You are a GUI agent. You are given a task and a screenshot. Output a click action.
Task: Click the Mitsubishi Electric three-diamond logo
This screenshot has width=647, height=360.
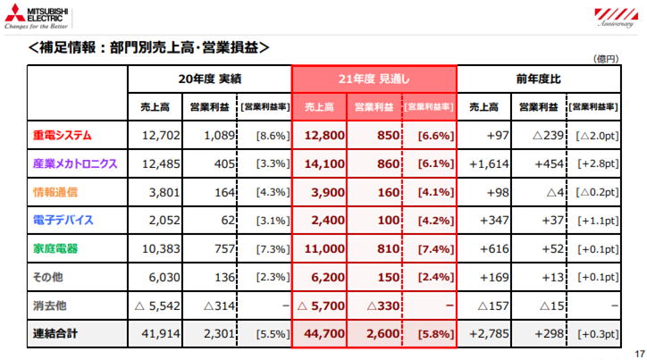15,13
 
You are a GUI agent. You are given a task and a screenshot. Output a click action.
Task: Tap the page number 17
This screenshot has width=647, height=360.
640,354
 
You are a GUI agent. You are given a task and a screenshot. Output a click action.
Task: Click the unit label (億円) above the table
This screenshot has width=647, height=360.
606,59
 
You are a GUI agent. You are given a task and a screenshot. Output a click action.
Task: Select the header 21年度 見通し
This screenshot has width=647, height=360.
374,79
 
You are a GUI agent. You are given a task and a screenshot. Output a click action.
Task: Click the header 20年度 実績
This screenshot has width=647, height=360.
210,79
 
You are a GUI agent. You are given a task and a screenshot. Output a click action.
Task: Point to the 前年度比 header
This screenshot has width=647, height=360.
539,79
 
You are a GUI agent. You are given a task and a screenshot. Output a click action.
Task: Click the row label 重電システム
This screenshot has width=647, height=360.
63,135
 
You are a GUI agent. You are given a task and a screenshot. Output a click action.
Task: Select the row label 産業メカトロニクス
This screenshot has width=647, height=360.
75,163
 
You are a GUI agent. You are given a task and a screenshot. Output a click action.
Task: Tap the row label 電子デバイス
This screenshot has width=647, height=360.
63,221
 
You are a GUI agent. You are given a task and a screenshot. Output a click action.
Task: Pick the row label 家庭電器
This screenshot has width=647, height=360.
55,248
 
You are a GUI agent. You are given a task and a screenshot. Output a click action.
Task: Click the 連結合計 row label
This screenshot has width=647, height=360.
55,333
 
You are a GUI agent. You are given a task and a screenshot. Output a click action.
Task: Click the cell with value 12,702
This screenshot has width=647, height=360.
161,135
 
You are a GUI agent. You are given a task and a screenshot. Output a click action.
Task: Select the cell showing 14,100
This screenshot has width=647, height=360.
324,163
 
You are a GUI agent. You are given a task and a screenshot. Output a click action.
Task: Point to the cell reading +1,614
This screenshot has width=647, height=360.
489,163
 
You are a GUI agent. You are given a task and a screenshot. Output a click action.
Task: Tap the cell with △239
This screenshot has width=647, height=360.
548,135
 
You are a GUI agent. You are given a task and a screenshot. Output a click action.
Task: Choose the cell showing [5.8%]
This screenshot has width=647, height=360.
436,333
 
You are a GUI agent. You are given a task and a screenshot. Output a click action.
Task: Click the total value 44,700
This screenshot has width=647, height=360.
324,333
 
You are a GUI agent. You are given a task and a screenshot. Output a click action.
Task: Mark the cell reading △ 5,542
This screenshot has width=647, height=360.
157,306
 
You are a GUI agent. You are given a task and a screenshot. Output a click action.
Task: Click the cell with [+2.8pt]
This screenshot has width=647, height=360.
598,163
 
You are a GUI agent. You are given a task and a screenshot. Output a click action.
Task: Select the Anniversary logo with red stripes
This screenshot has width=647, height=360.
616,18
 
